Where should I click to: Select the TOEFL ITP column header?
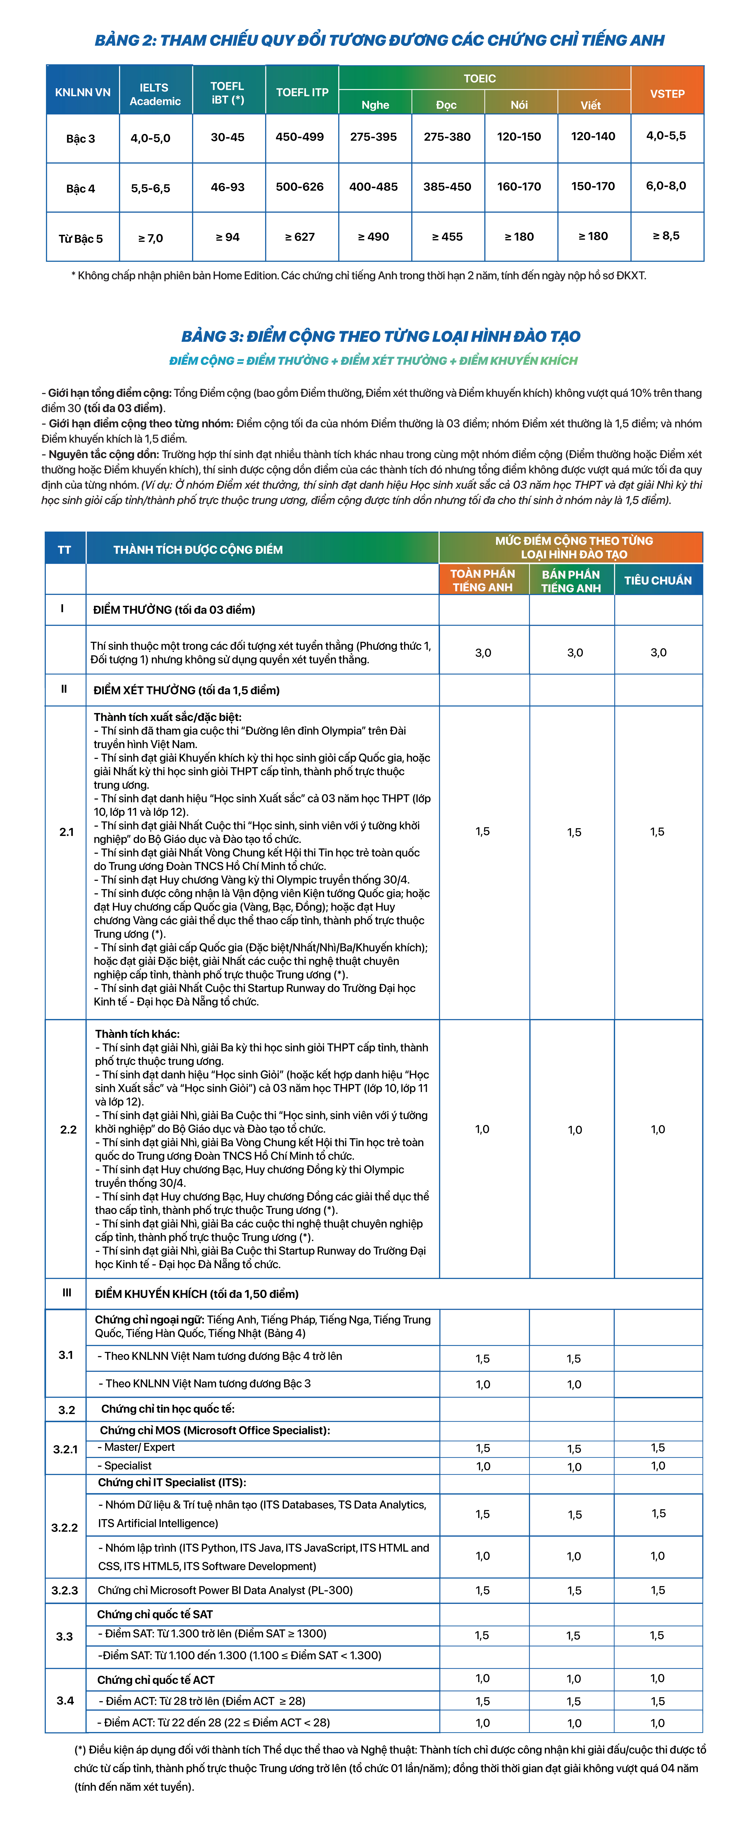pyautogui.click(x=302, y=92)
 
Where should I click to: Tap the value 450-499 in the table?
pyautogui.click(x=299, y=137)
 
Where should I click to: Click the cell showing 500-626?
pyautogui.click(x=299, y=187)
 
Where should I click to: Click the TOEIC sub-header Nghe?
pyautogui.click(x=375, y=105)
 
